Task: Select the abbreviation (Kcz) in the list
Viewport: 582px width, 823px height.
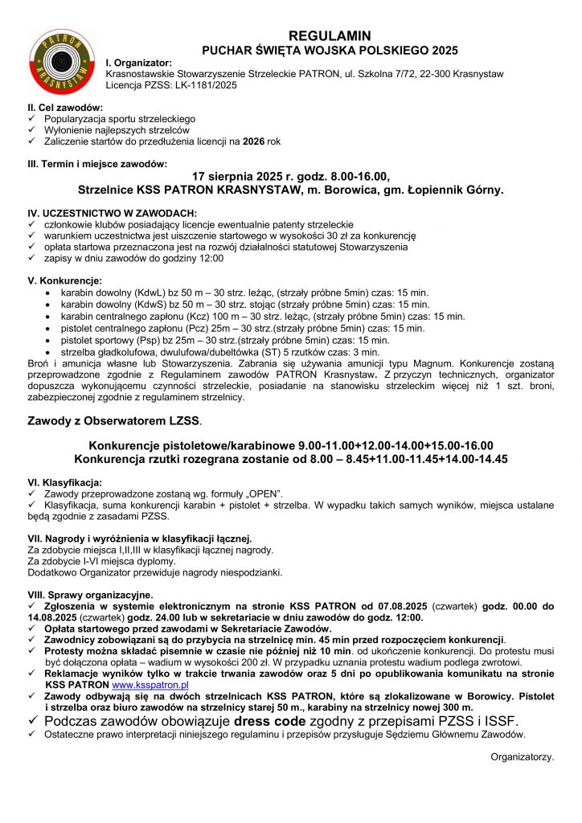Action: [199, 316]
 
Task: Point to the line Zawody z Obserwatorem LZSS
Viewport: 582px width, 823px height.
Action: [115, 420]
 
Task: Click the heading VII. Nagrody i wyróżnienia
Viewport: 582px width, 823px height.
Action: [140, 538]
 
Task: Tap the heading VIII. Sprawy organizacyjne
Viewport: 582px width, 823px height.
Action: [90, 594]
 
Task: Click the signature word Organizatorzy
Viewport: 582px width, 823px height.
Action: [522, 756]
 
